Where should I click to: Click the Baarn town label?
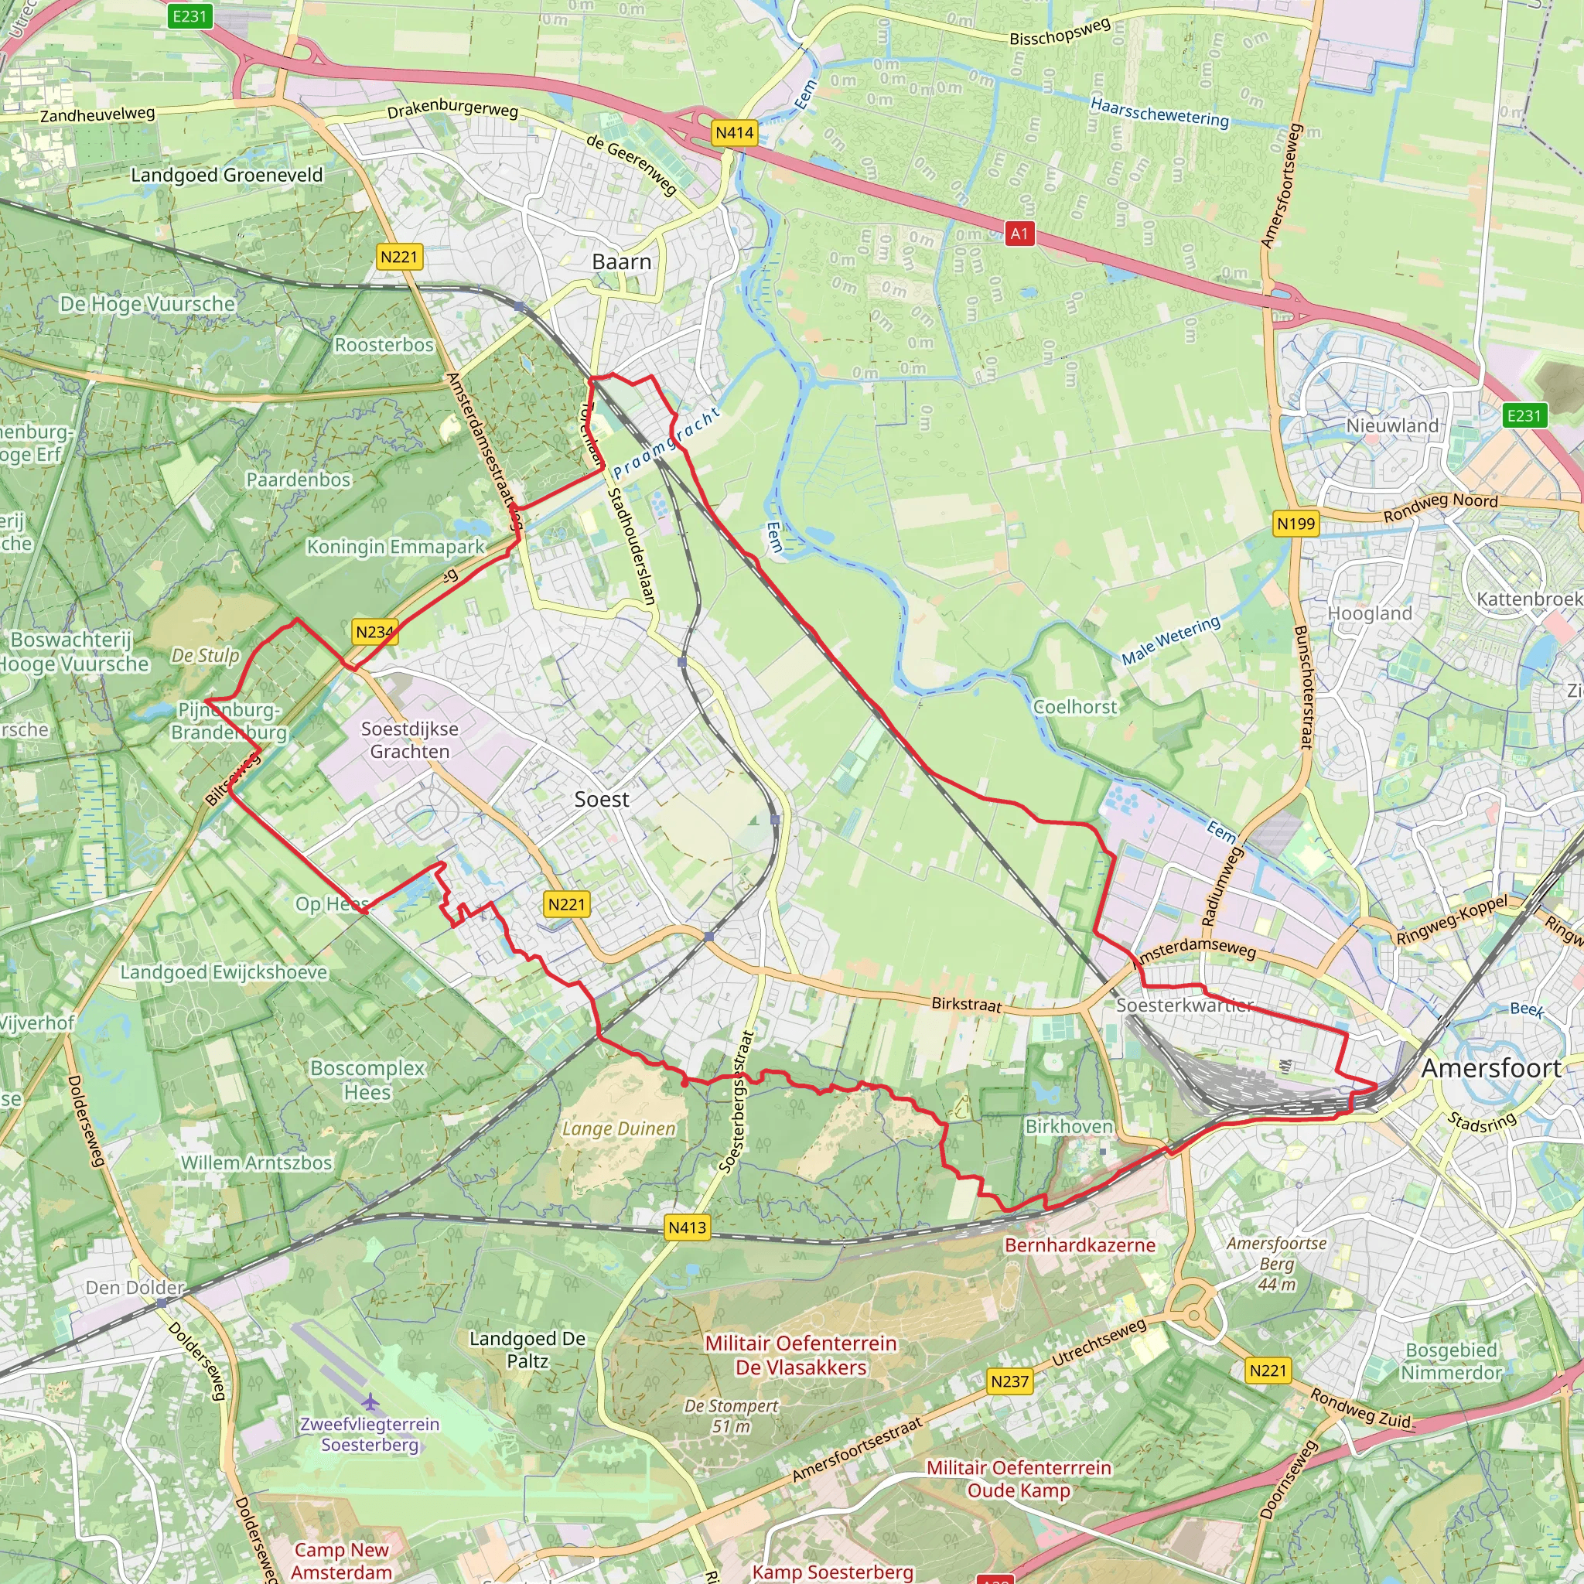pyautogui.click(x=622, y=262)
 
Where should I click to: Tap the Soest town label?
pyautogui.click(x=601, y=800)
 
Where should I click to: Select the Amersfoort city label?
pyautogui.click(x=1490, y=1069)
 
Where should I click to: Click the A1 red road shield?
pyautogui.click(x=1019, y=234)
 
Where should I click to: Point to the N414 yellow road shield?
pyautogui.click(x=734, y=133)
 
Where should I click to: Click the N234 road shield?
pyautogui.click(x=374, y=632)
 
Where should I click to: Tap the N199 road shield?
pyautogui.click(x=1296, y=523)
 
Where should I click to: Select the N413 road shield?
pyautogui.click(x=687, y=1227)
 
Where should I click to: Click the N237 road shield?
pyautogui.click(x=1009, y=1381)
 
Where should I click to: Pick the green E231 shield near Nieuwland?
pyautogui.click(x=1524, y=415)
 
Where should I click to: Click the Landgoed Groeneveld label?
pyautogui.click(x=227, y=175)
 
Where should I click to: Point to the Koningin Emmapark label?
pyautogui.click(x=395, y=547)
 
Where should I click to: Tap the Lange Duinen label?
pyautogui.click(x=619, y=1129)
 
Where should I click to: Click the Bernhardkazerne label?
pyautogui.click(x=1080, y=1245)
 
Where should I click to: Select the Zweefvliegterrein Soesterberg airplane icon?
pyautogui.click(x=370, y=1401)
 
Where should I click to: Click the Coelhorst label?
pyautogui.click(x=1074, y=707)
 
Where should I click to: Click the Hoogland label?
pyautogui.click(x=1369, y=613)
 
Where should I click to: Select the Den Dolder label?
pyautogui.click(x=135, y=1287)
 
